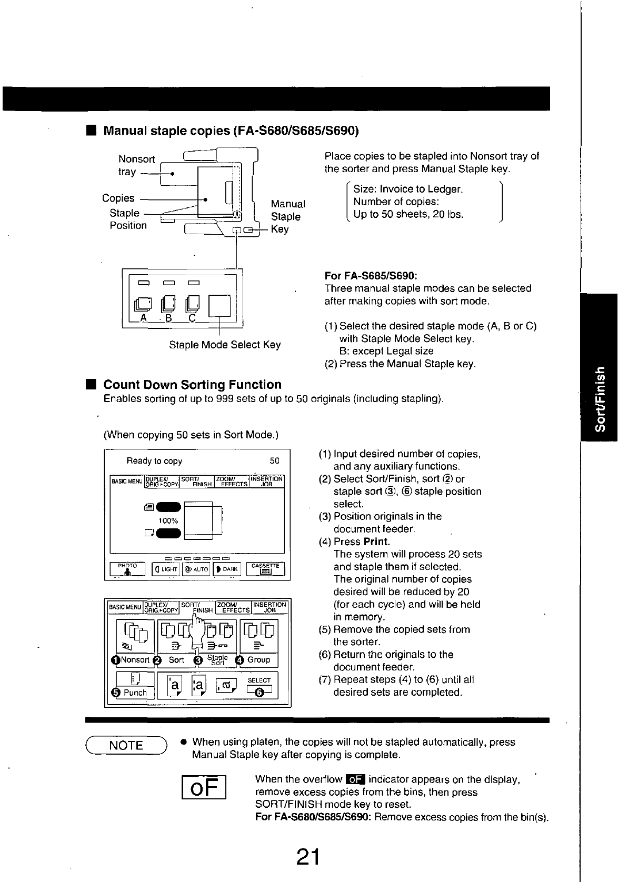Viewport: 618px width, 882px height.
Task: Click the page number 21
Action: point(308,856)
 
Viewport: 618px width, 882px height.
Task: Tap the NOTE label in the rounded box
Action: point(126,745)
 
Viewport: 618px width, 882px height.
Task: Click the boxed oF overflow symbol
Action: point(204,787)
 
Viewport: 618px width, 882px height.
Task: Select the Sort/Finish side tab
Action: point(599,398)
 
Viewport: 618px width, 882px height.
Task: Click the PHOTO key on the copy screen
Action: point(127,569)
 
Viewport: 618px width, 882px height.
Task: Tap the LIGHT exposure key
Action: point(166,569)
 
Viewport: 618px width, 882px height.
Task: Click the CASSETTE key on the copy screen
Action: point(265,568)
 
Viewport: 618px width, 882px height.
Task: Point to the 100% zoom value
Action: point(168,520)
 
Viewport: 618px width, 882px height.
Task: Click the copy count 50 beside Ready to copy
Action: point(275,460)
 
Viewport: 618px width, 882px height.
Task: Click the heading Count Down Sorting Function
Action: point(192,384)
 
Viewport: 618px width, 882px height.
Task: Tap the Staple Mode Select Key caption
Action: point(225,345)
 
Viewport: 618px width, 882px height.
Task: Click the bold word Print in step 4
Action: point(376,542)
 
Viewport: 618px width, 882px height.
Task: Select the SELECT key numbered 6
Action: point(259,686)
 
